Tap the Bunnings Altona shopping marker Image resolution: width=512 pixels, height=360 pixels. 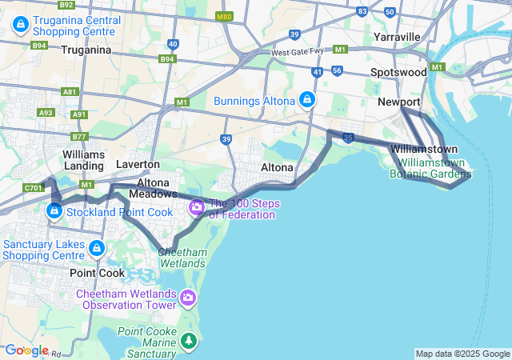coord(306,100)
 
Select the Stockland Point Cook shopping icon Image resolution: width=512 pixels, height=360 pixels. coord(54,211)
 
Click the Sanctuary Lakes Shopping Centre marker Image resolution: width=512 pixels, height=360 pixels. coord(98,248)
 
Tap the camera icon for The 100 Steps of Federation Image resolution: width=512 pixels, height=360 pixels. coord(196,208)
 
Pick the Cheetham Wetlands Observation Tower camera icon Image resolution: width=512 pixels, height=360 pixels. coord(188,298)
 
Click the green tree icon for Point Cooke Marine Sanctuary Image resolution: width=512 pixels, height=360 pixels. coord(189,342)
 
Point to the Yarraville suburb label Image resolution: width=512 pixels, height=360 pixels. coord(396,37)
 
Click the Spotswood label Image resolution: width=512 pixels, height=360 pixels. coord(398,72)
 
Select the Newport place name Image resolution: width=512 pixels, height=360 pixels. coord(398,102)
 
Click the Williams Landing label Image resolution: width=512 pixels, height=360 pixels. coord(83,159)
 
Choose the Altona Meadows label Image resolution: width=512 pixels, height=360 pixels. coord(152,188)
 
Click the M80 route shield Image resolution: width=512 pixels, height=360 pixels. coord(225,16)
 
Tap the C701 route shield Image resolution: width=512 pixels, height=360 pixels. coord(32,189)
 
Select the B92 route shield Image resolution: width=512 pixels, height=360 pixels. coord(66,5)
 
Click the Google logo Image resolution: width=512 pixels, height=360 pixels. coord(26,350)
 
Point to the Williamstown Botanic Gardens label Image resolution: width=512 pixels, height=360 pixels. coord(431,167)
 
